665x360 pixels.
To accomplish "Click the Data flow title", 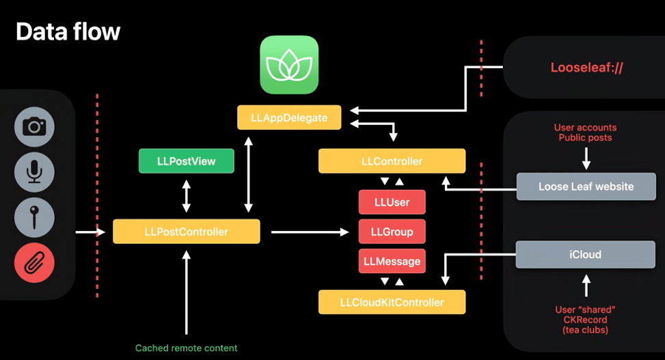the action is pos(68,31).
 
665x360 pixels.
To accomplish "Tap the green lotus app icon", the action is pos(289,64).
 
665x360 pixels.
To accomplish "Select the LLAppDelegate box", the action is pos(289,117).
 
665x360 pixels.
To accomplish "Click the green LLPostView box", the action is pos(186,161).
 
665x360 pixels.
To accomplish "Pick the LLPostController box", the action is pos(186,232).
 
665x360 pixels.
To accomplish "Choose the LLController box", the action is pos(392,161).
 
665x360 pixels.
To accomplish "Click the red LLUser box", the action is pos(392,202).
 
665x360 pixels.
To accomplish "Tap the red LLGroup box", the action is pos(392,232).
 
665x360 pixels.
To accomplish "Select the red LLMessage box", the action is pos(392,261).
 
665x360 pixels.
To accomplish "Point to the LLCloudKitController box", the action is pos(392,302).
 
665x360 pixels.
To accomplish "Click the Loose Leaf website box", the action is pos(586,186).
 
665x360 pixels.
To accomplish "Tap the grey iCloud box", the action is pos(585,254).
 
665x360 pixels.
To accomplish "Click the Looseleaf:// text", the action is pos(586,68).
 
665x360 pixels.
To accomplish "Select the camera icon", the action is pos(34,127).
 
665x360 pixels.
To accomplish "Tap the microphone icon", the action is pos(34,172).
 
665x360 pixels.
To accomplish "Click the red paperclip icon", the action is pos(34,263).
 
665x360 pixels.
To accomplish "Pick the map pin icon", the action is pos(34,217).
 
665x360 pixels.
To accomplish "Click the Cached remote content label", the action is pos(186,348).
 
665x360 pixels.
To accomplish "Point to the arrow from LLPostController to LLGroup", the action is pos(310,232).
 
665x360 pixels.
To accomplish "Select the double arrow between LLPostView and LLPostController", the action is pos(186,196).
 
